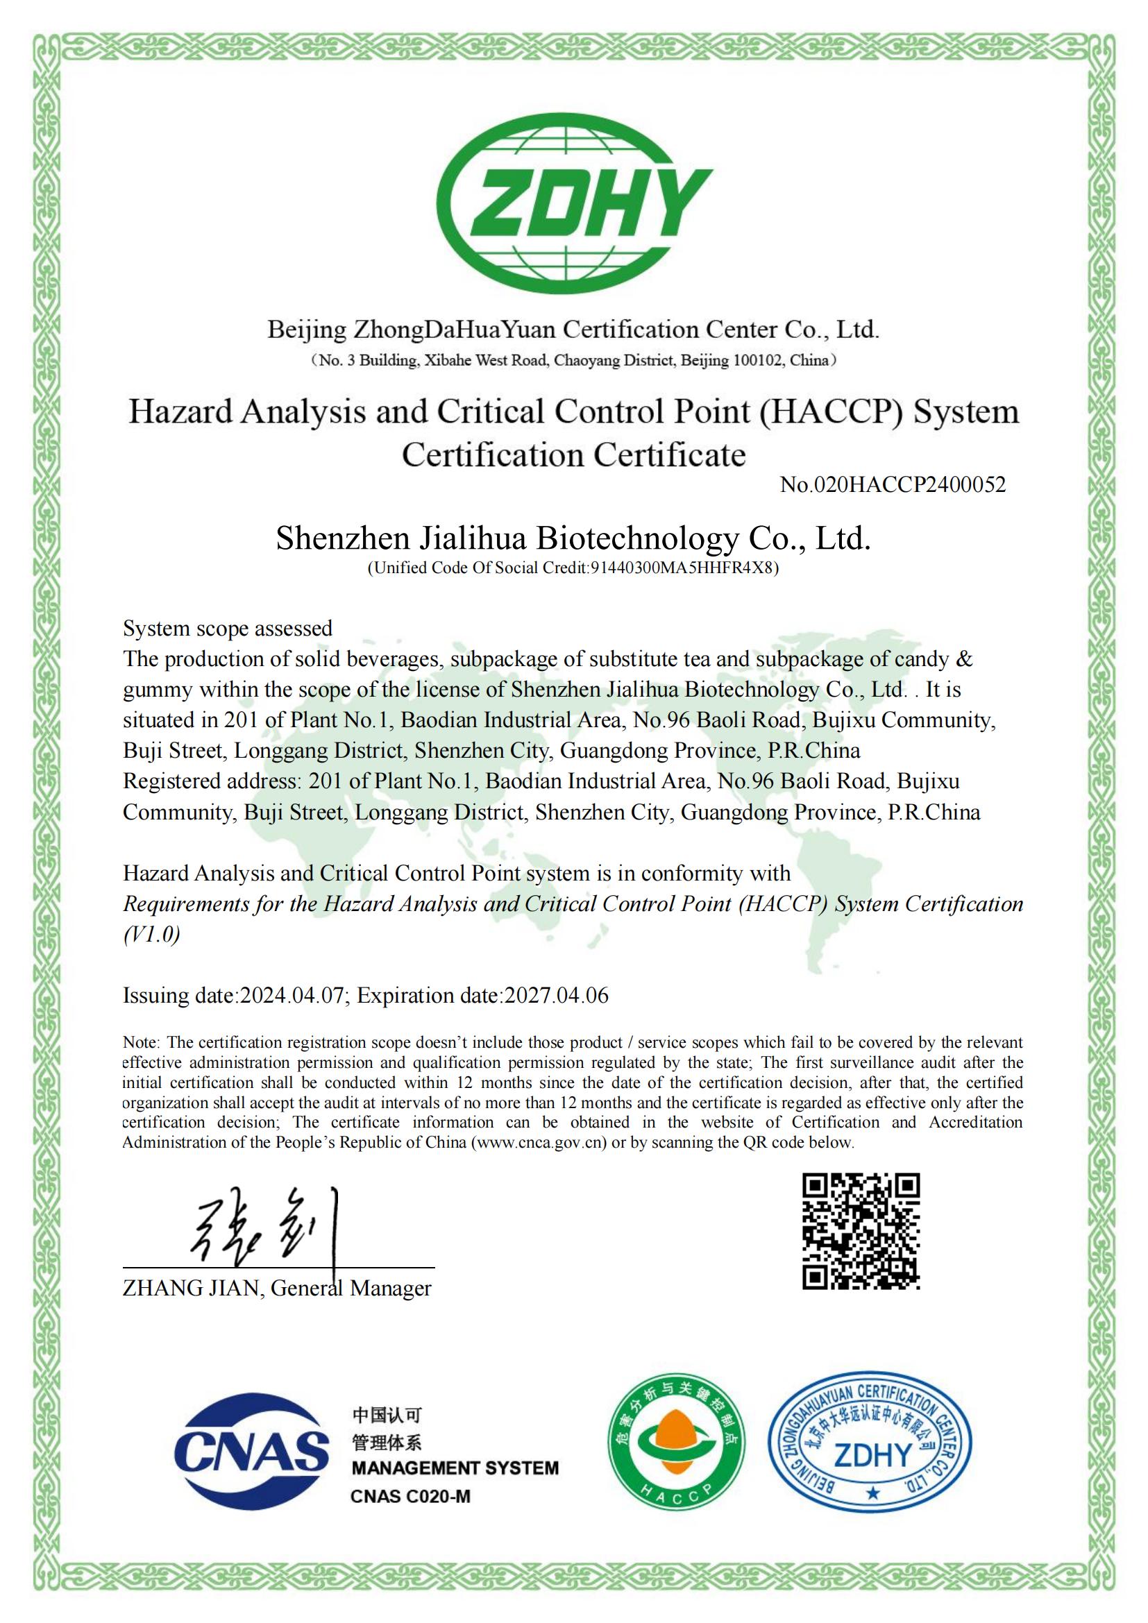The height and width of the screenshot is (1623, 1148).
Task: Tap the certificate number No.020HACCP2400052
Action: pos(892,485)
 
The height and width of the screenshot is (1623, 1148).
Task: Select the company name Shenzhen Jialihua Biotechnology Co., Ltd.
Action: pos(573,538)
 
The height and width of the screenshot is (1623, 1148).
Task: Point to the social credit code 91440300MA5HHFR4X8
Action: pos(683,568)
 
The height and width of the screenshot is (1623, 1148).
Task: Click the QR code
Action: pos(860,1231)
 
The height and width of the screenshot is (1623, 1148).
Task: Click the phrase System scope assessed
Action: pos(228,629)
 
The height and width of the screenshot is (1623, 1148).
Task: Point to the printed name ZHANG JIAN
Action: pos(191,1289)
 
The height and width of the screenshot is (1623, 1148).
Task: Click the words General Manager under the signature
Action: pos(351,1289)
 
